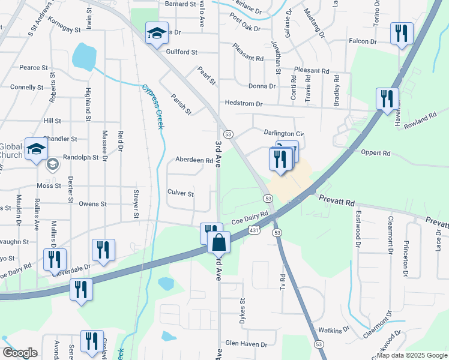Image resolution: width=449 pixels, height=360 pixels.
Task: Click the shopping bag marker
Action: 219,243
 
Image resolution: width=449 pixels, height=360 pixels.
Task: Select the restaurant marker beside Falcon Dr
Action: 400,33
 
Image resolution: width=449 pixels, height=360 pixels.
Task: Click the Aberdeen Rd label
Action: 194,160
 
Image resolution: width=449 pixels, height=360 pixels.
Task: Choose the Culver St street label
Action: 181,194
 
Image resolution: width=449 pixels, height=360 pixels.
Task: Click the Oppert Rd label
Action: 376,153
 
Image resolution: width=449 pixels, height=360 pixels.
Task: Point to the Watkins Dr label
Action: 334,330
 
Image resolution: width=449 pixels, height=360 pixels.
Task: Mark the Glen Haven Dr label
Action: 246,344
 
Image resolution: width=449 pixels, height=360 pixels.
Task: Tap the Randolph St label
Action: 80,157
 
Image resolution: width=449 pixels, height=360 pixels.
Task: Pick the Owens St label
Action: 92,204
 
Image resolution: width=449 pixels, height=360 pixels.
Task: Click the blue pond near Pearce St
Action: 85,56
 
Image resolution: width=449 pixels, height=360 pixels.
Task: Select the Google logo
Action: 20,353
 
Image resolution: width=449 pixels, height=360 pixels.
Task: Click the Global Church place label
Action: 10,151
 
